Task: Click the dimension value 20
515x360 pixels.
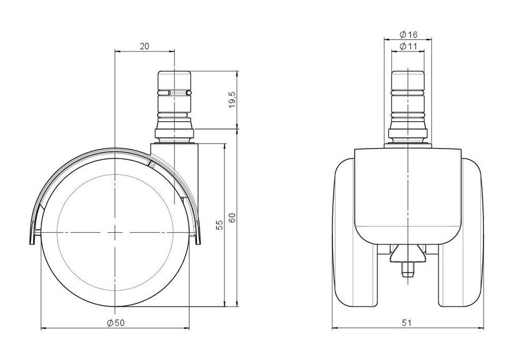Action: coord(144,46)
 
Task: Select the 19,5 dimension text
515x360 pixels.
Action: coord(232,99)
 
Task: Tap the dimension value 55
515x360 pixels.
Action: coord(219,225)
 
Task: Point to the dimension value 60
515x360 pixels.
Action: coord(232,218)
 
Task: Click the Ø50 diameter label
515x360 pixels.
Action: coord(116,323)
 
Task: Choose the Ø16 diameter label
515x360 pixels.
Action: coord(408,34)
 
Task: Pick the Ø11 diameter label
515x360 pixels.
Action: coord(408,46)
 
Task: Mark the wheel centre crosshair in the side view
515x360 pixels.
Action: coord(115,233)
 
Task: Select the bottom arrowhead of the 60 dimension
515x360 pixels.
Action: coord(237,304)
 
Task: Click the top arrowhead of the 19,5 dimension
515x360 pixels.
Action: coord(237,73)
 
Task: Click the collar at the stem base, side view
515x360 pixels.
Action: coord(175,134)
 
